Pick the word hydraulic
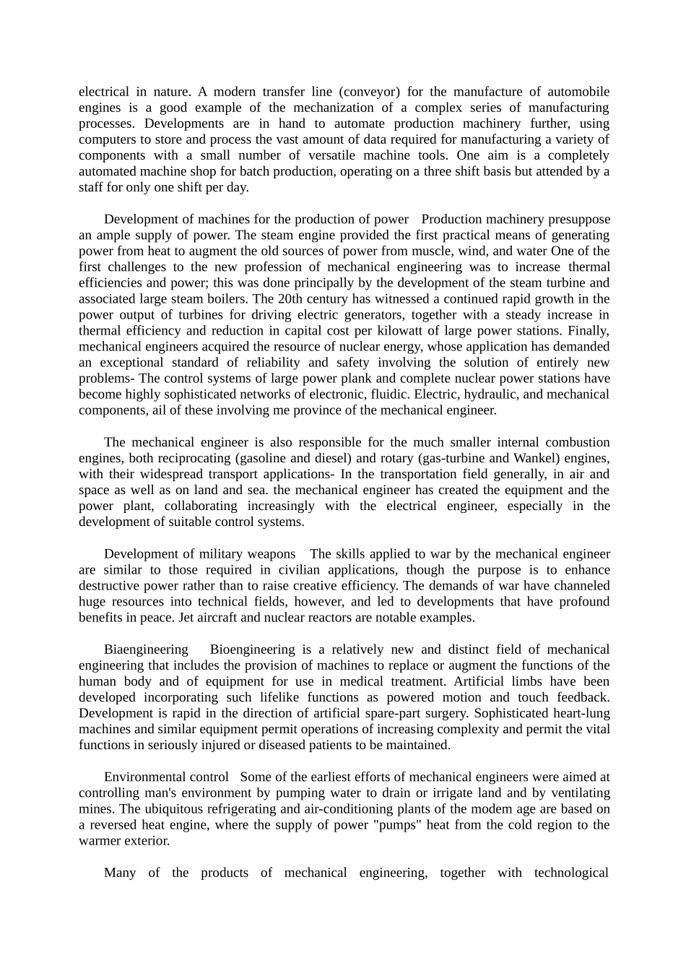tap(513, 394)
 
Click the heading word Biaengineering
tap(146, 650)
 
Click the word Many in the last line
tap(120, 873)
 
